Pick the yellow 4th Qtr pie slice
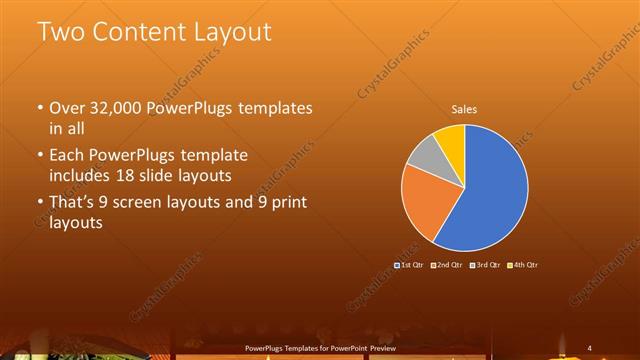click(x=451, y=139)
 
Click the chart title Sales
click(x=464, y=108)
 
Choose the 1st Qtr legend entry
click(x=411, y=264)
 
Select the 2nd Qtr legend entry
click(x=447, y=264)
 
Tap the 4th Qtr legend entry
click(x=523, y=264)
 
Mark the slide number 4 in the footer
click(x=589, y=348)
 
